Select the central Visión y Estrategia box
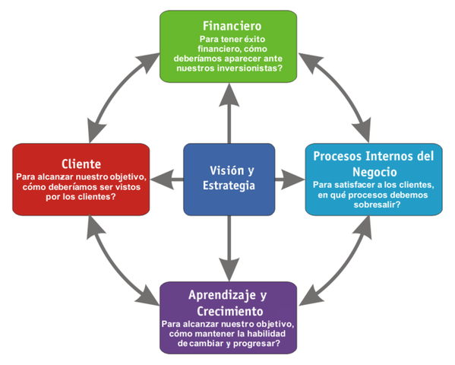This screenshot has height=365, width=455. coord(229,179)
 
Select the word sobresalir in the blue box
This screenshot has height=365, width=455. coord(372,205)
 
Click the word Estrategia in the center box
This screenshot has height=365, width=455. coord(229,186)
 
